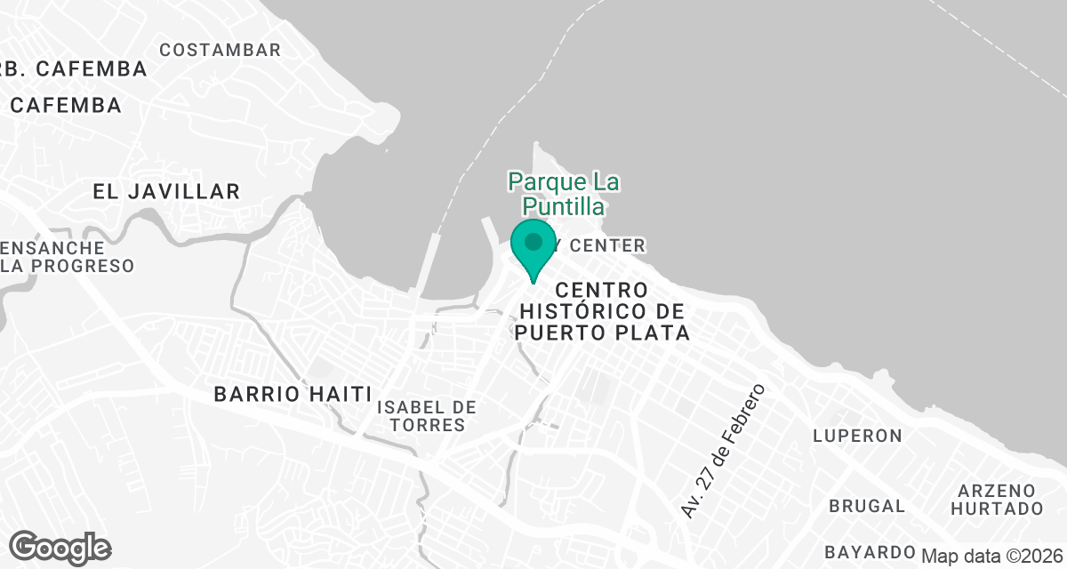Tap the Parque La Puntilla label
click(x=564, y=195)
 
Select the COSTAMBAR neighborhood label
click(x=220, y=50)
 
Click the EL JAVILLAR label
click(x=166, y=191)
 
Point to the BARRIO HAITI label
click(x=293, y=395)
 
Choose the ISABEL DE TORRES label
click(x=426, y=416)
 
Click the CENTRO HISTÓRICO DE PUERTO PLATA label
click(x=602, y=312)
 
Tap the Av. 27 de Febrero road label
click(x=722, y=451)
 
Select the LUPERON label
click(x=857, y=436)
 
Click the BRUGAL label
click(x=866, y=506)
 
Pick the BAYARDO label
click(x=870, y=550)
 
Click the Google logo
click(x=60, y=548)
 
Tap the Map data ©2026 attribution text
click(x=991, y=557)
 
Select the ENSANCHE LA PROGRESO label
click(x=68, y=257)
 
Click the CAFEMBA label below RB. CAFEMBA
click(x=66, y=105)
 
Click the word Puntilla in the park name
click(x=564, y=207)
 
